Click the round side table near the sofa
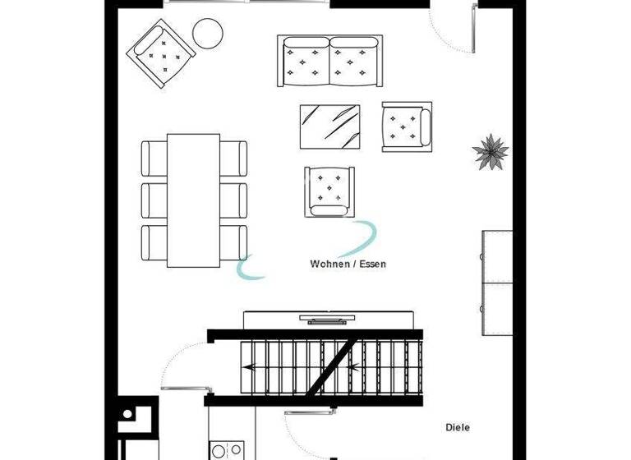pos(208,34)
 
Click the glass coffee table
pos(330,126)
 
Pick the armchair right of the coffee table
pos(406,126)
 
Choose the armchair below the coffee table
pos(330,191)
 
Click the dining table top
pos(194,200)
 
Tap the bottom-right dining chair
pos(234,243)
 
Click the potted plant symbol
pos(490,152)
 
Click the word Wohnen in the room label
pos(326,264)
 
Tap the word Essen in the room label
pos(372,264)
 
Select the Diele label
pos(458,427)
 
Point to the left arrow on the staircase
pos(251,368)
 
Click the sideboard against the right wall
pos(497,283)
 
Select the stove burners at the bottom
pos(227,450)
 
